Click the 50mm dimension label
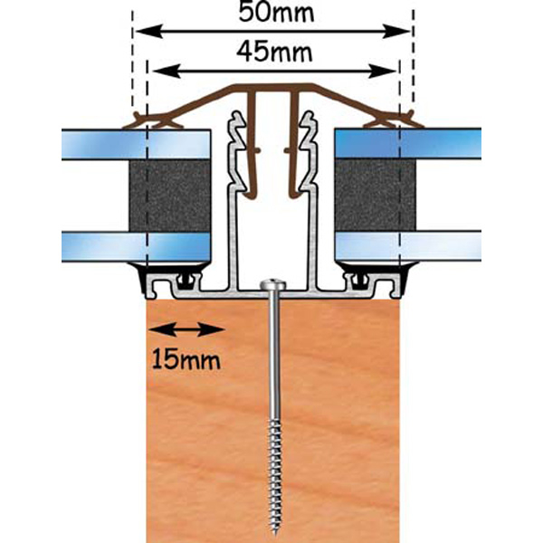coord(272,13)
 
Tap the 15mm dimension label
coord(180,360)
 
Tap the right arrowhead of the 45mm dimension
coord(391,70)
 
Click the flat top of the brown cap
coord(271,88)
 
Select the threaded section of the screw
coord(272,471)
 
